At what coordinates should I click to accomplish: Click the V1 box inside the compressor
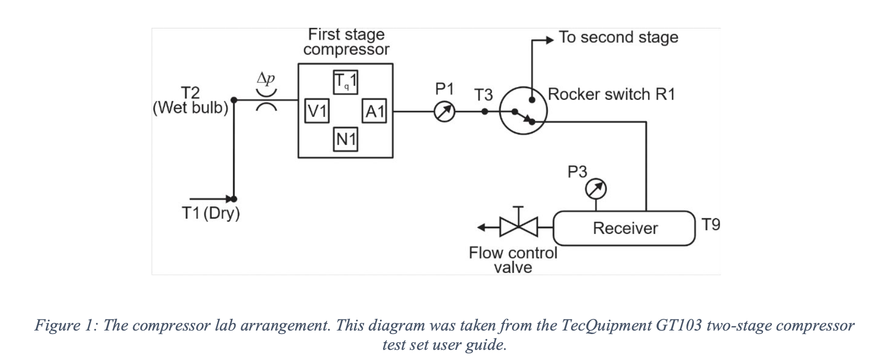[317, 111]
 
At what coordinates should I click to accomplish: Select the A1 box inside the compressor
[375, 111]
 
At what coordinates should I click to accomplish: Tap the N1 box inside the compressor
[346, 139]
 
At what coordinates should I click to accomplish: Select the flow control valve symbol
[519, 226]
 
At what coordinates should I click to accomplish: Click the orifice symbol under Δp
[266, 100]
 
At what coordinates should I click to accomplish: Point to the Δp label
[266, 78]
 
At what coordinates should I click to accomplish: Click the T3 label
[484, 95]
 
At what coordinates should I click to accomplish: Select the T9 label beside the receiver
[711, 224]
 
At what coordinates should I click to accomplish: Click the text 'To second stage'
[618, 37]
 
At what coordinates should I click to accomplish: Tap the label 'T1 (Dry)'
[211, 213]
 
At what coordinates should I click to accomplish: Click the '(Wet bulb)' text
[191, 108]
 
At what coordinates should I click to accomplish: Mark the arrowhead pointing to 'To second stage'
[548, 40]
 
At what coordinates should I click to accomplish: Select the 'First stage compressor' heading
[346, 42]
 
